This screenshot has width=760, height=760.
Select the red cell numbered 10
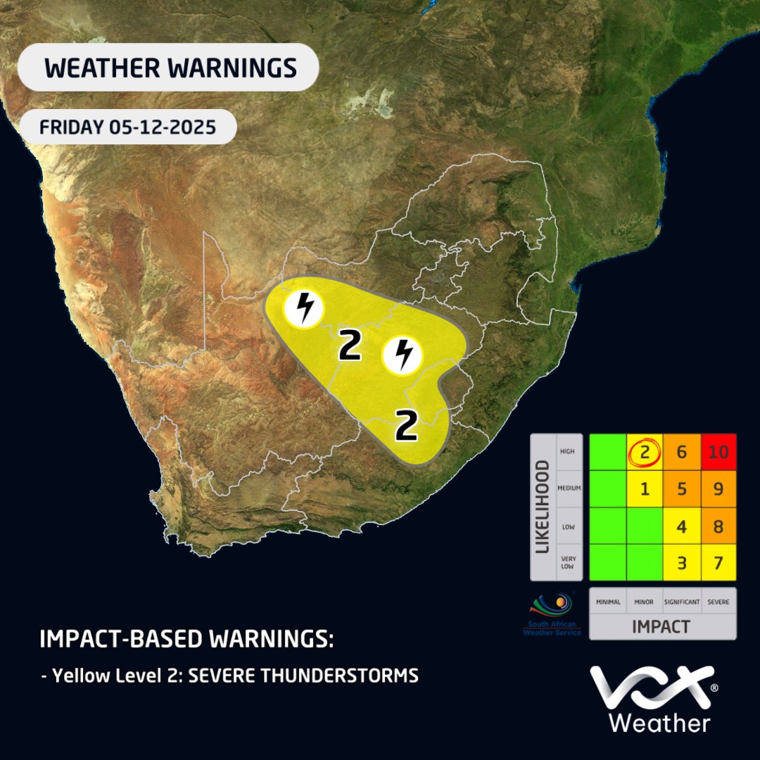tap(718, 452)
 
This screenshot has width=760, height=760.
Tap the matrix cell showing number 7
tap(718, 562)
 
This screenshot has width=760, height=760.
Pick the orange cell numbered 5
tap(681, 489)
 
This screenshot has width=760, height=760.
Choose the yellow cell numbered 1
tap(645, 489)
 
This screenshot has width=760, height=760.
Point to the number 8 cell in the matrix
tap(718, 526)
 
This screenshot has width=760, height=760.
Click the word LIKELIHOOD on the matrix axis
tap(543, 507)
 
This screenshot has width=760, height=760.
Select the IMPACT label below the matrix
tap(661, 626)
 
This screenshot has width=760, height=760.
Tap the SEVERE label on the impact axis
tap(718, 602)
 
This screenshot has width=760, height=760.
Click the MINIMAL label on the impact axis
tap(607, 602)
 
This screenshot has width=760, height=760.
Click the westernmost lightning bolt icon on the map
tap(303, 308)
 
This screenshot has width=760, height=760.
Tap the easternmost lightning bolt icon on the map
tap(403, 355)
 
